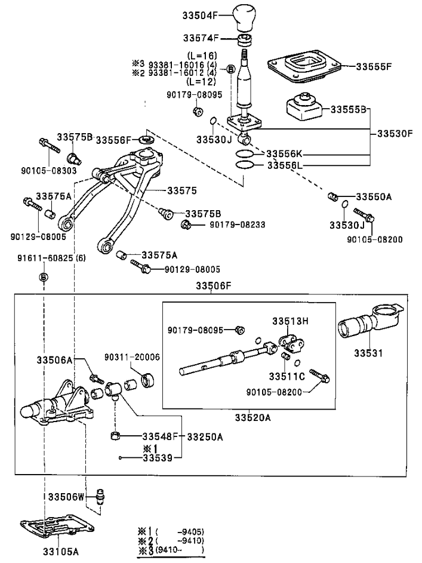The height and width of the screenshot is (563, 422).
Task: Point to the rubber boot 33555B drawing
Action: click(304, 109)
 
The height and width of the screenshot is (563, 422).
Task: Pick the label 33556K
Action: click(285, 153)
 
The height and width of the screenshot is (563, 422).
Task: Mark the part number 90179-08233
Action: click(237, 224)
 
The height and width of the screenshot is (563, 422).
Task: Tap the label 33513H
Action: click(291, 321)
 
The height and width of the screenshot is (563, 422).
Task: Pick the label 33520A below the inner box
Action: click(253, 418)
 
